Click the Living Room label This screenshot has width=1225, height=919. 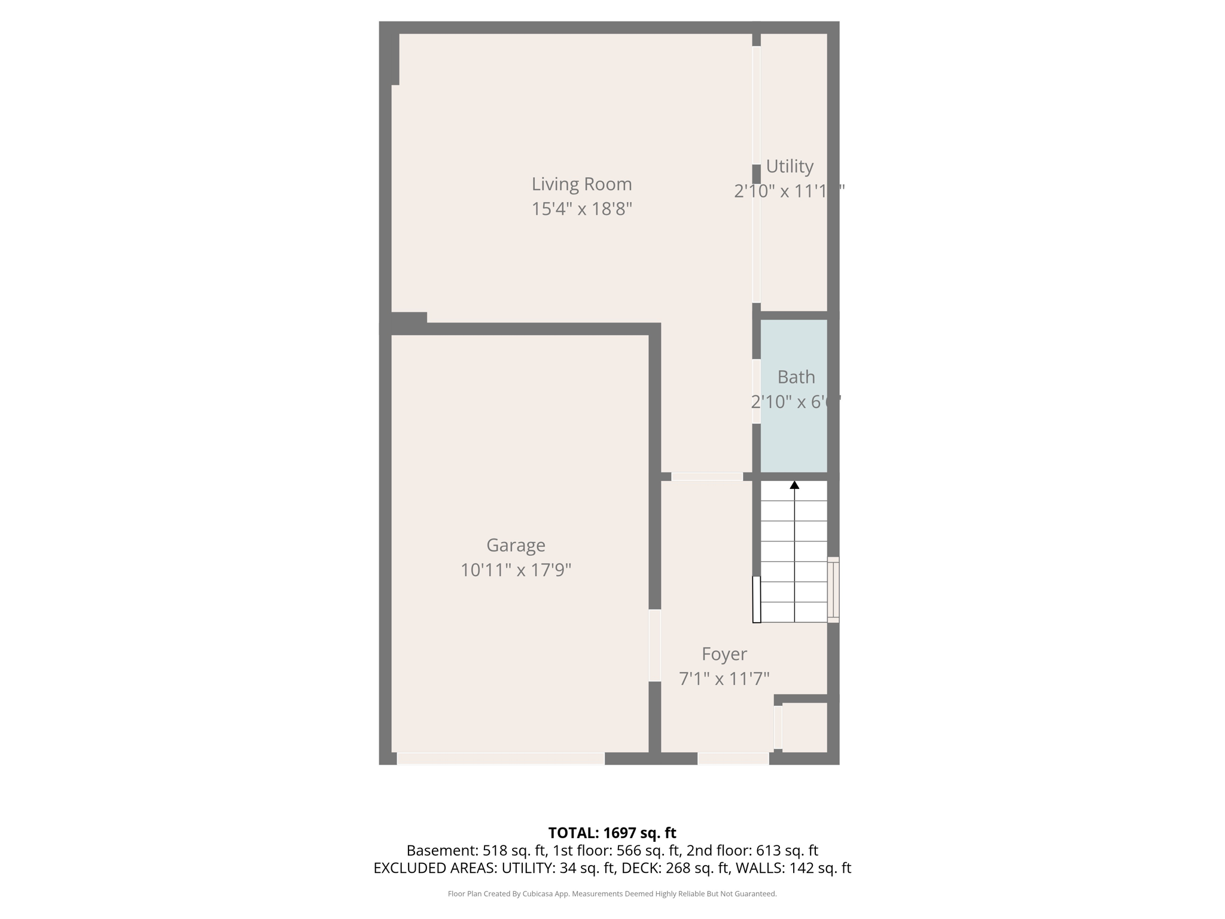coord(581,184)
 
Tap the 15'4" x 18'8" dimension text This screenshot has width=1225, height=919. coord(581,209)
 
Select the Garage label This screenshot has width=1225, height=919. coord(516,545)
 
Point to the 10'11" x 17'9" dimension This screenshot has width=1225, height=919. coord(516,570)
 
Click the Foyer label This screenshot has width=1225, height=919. coord(724,654)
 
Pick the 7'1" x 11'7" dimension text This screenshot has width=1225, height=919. coord(724,679)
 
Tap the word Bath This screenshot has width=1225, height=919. coord(796,377)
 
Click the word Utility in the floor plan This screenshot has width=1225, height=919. coord(790,166)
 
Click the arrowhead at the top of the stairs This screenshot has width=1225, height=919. coord(794,485)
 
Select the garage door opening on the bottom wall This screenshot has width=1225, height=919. coord(501,759)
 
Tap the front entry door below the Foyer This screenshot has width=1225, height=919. coord(733,759)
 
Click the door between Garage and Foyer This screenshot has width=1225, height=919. coord(655,645)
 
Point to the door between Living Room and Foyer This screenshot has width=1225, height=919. coord(706,477)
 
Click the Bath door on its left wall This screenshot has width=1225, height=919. coord(756,391)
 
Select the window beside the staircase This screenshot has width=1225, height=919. coord(833,590)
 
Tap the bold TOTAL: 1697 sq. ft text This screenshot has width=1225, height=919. coord(612,833)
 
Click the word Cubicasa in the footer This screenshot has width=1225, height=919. coord(537,894)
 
